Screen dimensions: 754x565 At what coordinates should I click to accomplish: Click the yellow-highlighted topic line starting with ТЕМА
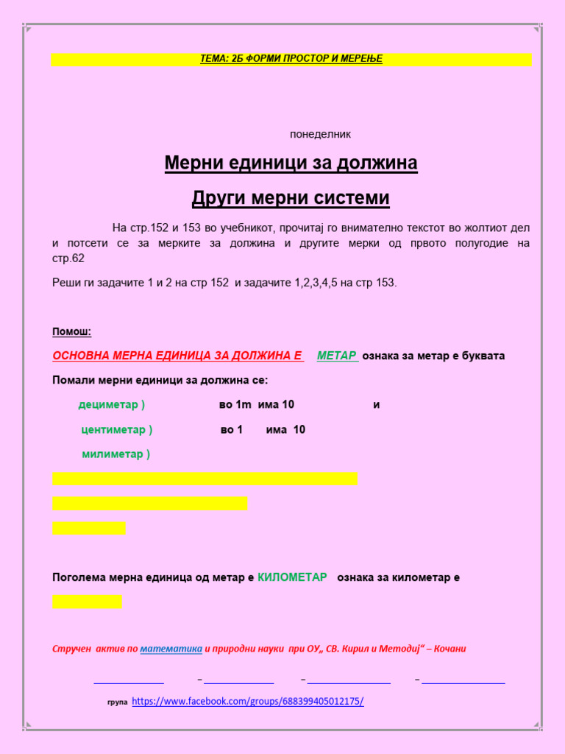click(291, 59)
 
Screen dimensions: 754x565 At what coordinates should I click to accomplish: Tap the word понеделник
click(320, 134)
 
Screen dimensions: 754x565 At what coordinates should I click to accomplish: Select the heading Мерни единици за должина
click(291, 163)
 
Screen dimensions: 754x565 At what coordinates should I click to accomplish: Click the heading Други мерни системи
click(291, 198)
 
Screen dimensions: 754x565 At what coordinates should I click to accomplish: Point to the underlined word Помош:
click(71, 331)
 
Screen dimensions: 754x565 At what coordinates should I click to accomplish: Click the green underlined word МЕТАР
click(337, 356)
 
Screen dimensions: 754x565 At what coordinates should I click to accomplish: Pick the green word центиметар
click(113, 429)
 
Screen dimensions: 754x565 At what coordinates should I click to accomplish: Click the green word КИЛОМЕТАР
click(292, 577)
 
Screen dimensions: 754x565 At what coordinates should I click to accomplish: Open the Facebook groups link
click(248, 701)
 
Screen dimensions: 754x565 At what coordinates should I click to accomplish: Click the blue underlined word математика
click(171, 649)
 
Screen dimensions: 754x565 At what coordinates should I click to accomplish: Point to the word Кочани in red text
click(450, 649)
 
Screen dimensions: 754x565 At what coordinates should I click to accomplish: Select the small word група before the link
click(117, 702)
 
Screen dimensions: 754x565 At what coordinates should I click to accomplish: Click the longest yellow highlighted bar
click(205, 479)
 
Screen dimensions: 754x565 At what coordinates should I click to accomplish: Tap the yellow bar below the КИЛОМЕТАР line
click(87, 602)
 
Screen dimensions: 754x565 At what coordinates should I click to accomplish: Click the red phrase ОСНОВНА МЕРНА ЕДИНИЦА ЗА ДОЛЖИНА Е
click(177, 356)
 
